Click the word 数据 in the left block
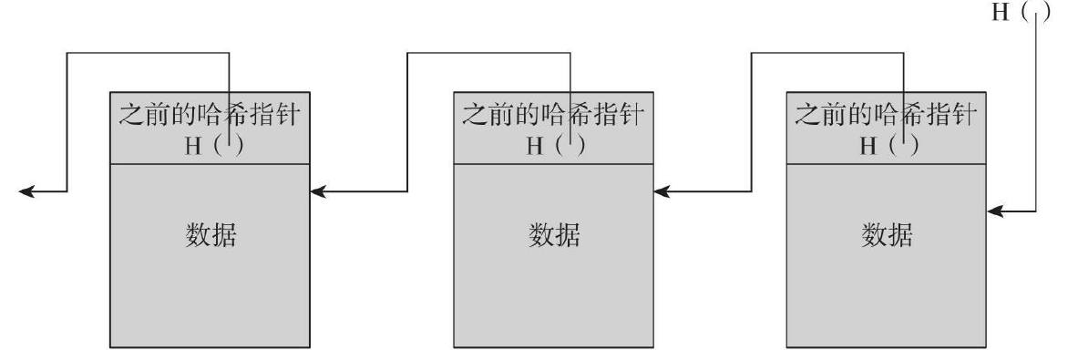coord(211,237)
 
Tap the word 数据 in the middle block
coord(554,237)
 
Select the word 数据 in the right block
coord(887,237)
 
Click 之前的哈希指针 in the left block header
coord(211,117)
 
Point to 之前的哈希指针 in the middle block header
coord(554,117)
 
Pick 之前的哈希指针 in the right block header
coord(887,117)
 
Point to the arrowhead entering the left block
coord(320,191)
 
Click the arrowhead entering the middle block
coord(662,191)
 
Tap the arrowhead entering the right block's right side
coord(996,211)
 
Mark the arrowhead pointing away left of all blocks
coord(27,191)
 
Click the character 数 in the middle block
coord(541,237)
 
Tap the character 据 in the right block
coord(899,237)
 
